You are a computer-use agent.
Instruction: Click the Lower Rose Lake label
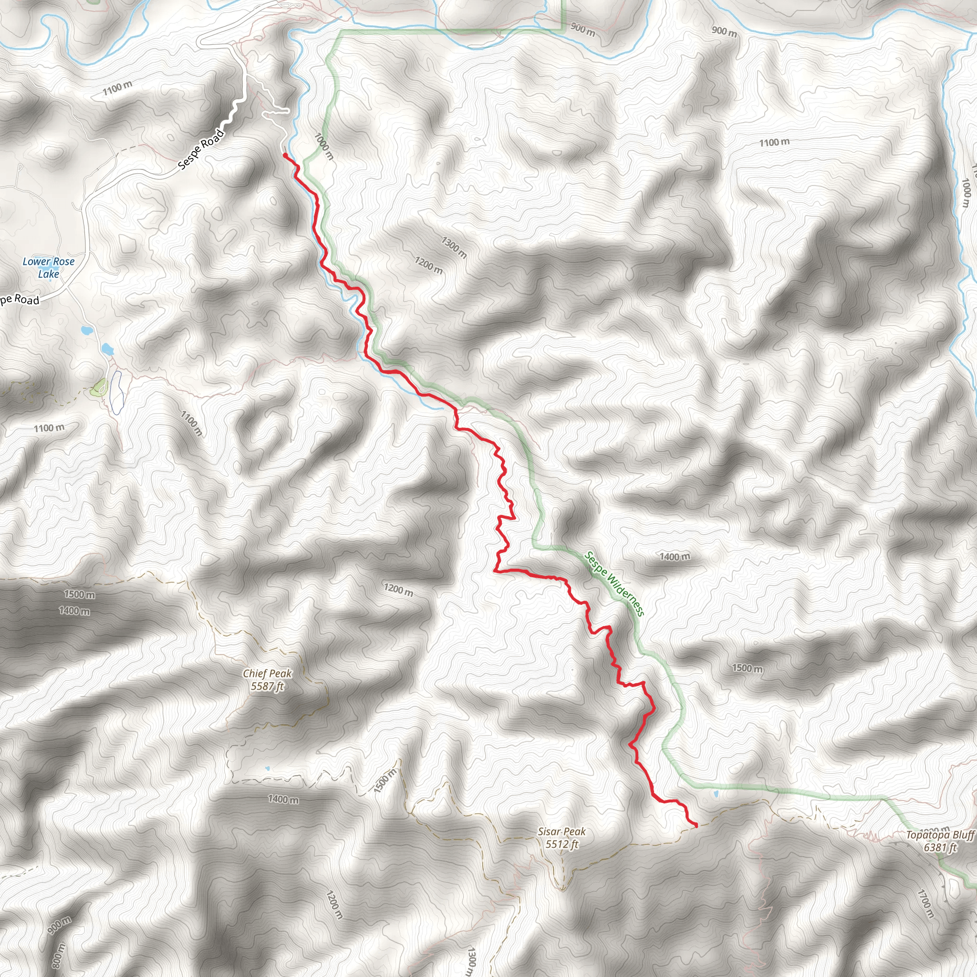coord(49,268)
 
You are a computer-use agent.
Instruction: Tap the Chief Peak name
coord(267,674)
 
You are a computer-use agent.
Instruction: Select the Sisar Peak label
coord(561,831)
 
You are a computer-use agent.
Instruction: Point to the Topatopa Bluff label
coord(940,834)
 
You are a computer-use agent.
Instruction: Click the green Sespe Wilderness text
coord(614,583)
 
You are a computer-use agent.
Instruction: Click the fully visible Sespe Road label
coord(201,149)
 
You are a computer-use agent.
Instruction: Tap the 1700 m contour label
coord(926,904)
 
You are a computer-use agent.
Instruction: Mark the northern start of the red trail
coord(285,155)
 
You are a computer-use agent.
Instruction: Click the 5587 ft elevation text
coord(268,686)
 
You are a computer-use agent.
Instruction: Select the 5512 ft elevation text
coord(561,844)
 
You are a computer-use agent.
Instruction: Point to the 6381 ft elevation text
coord(940,847)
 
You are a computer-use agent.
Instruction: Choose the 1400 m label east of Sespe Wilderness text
coord(674,557)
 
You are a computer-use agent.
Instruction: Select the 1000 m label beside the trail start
coord(324,146)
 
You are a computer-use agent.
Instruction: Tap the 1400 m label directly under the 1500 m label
coord(74,611)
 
